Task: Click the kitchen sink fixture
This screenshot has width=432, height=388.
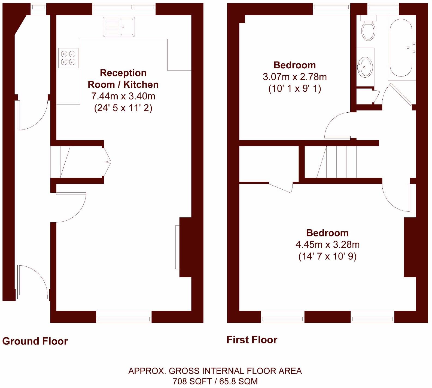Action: [x=119, y=27]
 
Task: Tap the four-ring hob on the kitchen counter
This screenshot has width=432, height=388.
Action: [x=68, y=58]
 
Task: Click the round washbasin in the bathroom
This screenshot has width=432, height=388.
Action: [x=365, y=67]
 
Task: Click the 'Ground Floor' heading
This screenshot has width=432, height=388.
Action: [x=35, y=341]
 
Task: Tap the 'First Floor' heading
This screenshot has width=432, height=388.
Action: [x=252, y=340]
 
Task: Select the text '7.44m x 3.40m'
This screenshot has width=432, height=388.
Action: [x=123, y=96]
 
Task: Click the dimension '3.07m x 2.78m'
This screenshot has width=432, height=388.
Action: [x=294, y=77]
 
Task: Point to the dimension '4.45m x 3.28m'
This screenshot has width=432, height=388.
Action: [x=327, y=245]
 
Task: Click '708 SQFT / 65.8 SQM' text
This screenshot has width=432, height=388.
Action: [x=215, y=381]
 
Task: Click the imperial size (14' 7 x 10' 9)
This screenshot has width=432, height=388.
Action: [x=327, y=256]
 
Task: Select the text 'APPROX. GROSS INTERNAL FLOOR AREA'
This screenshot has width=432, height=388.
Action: [x=215, y=371]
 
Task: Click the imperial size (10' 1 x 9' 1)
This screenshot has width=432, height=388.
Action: [x=294, y=89]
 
